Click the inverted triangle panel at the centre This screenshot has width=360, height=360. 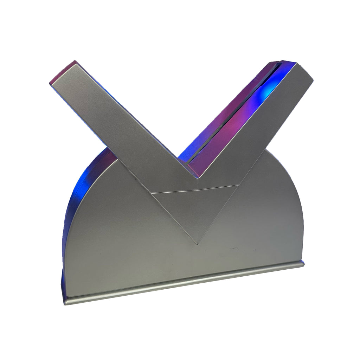[196, 210]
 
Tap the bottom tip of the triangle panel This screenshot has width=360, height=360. [198, 243]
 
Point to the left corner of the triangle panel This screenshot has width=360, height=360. [152, 193]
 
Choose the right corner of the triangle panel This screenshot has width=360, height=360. [239, 185]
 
